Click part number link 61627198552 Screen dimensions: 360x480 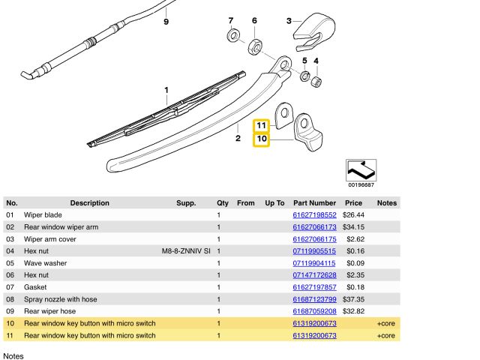tap(313, 215)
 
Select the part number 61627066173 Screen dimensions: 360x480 tap(313, 227)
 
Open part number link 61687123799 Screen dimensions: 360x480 tap(313, 299)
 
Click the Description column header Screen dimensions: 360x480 tap(90, 203)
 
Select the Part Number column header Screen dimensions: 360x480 tap(314, 203)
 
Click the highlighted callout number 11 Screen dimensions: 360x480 tap(261, 125)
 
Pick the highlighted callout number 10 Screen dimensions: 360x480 tap(261, 139)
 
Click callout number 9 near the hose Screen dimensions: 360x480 tap(166, 22)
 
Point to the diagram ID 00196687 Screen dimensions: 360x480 tap(361, 184)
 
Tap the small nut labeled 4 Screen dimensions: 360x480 tap(317, 79)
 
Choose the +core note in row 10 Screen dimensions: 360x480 tap(385, 323)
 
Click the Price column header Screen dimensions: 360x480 tap(353, 203)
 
